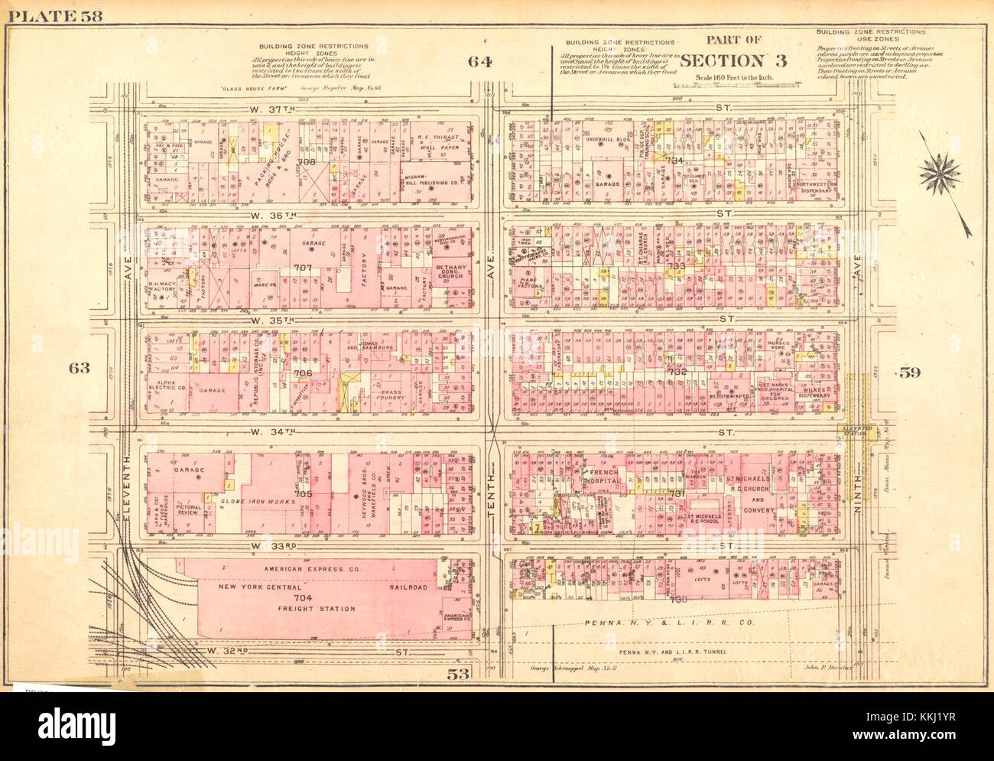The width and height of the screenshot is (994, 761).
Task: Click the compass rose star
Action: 940,174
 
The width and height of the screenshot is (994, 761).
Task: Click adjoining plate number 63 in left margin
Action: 79,368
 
